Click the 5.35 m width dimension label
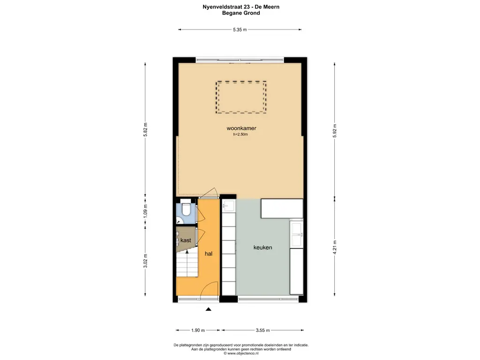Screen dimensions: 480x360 pos(240,30)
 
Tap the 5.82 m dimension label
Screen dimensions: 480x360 pos(145,130)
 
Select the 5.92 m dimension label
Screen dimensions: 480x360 pos(335,131)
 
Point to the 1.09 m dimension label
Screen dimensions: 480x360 pos(145,211)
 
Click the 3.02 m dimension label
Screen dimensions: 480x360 pos(145,261)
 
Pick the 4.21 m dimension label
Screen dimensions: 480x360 pos(335,247)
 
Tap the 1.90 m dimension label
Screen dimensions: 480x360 pos(198,330)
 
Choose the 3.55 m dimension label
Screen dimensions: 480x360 pos(262,330)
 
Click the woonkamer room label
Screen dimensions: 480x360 pos(241,128)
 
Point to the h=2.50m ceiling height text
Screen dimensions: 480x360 pos(240,134)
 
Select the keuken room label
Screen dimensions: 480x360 pos(262,247)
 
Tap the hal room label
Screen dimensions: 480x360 pos(209,254)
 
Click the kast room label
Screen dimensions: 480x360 pos(186,240)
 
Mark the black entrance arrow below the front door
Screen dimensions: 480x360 pos(209,309)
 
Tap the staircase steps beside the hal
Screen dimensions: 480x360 pos(187,264)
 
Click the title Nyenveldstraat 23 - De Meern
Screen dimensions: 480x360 pos(241,7)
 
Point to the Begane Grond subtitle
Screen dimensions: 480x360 pos(241,13)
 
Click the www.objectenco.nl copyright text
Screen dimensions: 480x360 pos(241,353)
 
